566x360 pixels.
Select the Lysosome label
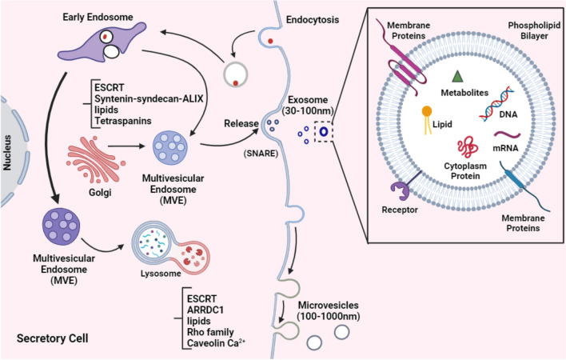pyautogui.click(x=161, y=274)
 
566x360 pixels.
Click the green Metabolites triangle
pyautogui.click(x=457, y=76)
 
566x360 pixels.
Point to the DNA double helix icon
pyautogui.click(x=496, y=103)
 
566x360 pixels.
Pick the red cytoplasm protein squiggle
pyautogui.click(x=468, y=147)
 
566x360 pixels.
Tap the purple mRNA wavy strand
pyautogui.click(x=507, y=135)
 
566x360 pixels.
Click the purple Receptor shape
pyautogui.click(x=401, y=190)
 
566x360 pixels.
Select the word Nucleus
pyautogui.click(x=7, y=152)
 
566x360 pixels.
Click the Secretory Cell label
pyautogui.click(x=52, y=338)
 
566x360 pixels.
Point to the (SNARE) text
pyautogui.click(x=261, y=154)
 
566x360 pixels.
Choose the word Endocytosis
pyautogui.click(x=313, y=19)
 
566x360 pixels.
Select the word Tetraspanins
pyautogui.click(x=123, y=121)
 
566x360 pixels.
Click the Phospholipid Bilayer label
pyautogui.click(x=534, y=30)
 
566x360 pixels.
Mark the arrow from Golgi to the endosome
pyautogui.click(x=126, y=146)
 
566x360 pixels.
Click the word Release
pyautogui.click(x=241, y=123)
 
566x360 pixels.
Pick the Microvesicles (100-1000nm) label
pyautogui.click(x=328, y=311)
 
